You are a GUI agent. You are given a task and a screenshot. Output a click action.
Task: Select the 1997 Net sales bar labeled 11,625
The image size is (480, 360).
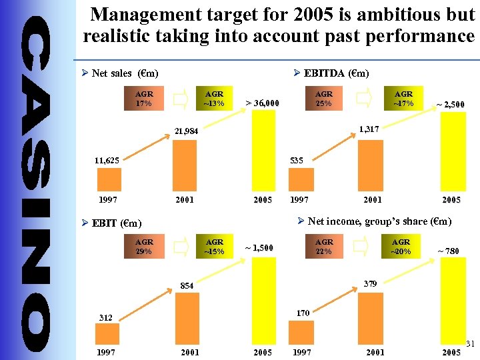(x=109, y=180)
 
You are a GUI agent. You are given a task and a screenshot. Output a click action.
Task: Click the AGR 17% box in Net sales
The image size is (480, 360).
(x=143, y=99)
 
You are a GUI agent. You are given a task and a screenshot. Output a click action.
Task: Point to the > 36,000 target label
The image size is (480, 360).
(x=262, y=103)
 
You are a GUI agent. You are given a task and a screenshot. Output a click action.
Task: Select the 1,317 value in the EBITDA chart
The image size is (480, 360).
(x=369, y=129)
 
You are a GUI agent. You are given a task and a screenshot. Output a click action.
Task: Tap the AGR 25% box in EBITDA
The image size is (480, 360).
(x=325, y=99)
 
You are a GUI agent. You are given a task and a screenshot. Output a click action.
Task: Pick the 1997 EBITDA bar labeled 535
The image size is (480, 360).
(x=301, y=180)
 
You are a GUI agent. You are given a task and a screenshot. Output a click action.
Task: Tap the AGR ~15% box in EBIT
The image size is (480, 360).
(x=214, y=247)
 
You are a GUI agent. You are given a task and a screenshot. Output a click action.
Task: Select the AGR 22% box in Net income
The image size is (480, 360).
(x=325, y=247)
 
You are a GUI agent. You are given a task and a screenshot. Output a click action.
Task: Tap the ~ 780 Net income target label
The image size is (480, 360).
(x=447, y=251)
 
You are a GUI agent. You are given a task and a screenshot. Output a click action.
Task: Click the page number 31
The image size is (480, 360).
(x=469, y=344)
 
